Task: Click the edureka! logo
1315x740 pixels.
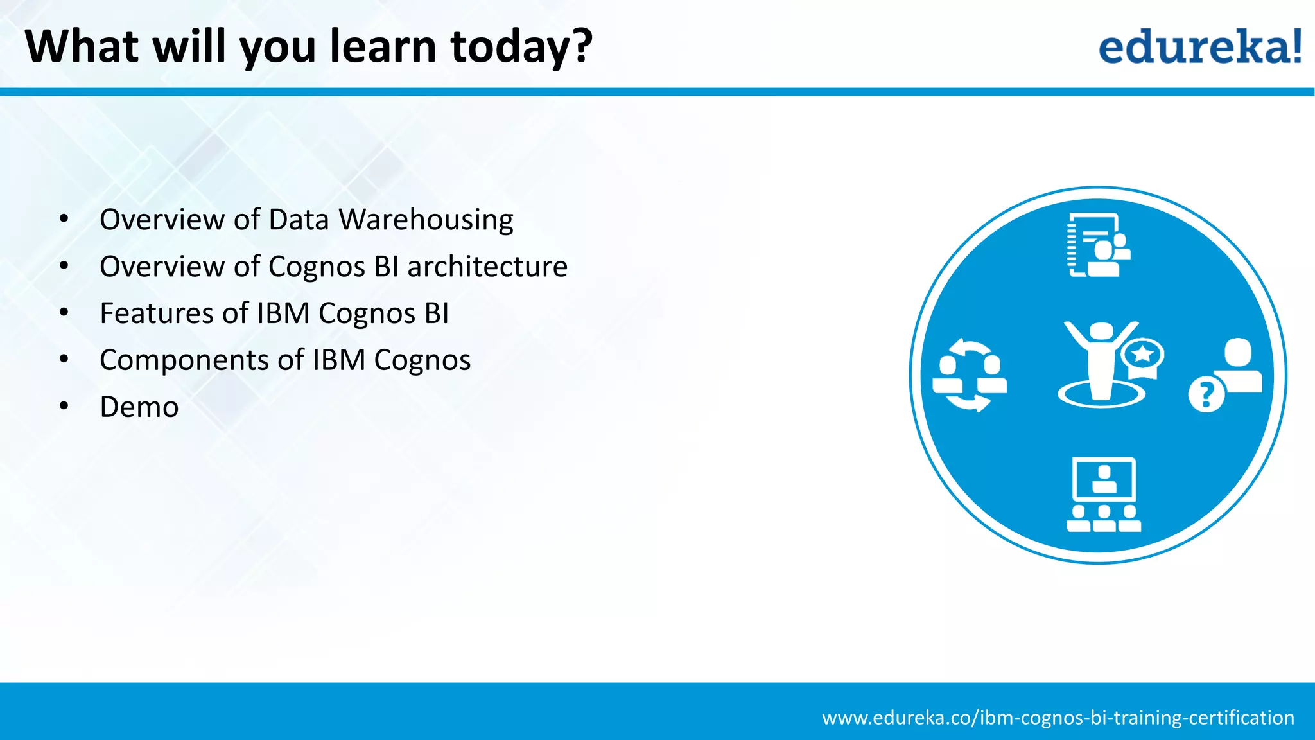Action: pos(1199,46)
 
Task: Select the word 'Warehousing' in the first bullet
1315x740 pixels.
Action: pos(426,220)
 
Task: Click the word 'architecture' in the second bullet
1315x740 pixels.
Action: pos(487,267)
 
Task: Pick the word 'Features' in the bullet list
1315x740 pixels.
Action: pos(156,313)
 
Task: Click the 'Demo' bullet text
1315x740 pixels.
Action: pos(139,407)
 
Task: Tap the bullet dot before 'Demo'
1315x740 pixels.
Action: pos(64,407)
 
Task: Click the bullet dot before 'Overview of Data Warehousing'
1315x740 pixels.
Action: pos(64,220)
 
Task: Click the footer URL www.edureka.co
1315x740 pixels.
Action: pos(1058,718)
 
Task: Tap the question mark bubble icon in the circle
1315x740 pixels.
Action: pos(1206,394)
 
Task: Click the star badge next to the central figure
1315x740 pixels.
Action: pos(1143,355)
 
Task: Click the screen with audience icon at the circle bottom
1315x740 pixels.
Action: pos(1104,495)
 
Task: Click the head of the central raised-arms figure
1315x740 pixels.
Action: pos(1102,331)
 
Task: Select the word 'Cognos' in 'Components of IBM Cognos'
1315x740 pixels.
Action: pos(422,360)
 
